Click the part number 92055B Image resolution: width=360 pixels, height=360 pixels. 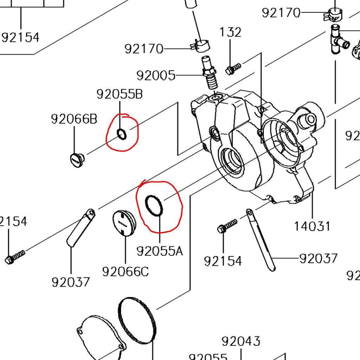(x=120, y=94)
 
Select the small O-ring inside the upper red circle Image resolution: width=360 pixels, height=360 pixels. (x=121, y=134)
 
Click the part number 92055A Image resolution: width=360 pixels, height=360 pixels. (x=160, y=251)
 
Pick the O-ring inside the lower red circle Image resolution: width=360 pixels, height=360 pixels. (x=154, y=205)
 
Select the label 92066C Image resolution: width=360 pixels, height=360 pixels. (x=126, y=271)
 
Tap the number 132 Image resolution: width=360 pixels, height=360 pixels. (x=230, y=32)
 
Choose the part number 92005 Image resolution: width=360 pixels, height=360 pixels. (x=156, y=75)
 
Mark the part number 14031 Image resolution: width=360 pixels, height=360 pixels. (x=312, y=226)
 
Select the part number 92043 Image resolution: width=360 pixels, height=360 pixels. (x=241, y=341)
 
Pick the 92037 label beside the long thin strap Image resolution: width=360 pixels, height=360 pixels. (x=318, y=258)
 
